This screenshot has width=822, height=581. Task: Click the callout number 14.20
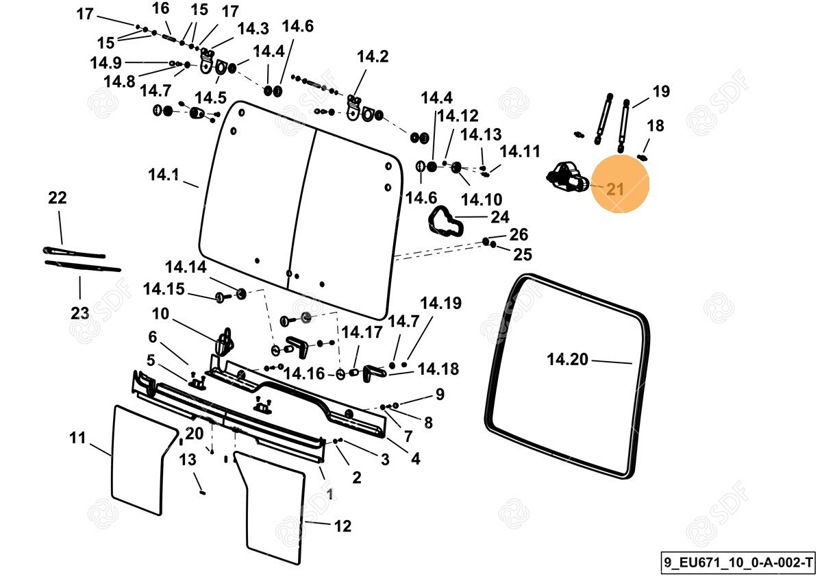[567, 359]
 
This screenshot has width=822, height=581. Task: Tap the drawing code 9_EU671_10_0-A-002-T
[738, 563]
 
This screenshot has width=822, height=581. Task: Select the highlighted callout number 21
[615, 190]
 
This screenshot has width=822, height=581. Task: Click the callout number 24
[500, 217]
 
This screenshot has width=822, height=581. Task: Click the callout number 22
[58, 198]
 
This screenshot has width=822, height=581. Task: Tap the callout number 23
[80, 313]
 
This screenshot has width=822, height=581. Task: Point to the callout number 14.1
[163, 175]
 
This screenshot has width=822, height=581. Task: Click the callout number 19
[661, 91]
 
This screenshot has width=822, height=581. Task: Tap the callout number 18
[656, 126]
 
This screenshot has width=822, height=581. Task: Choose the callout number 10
[160, 314]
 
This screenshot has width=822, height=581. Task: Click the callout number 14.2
[373, 57]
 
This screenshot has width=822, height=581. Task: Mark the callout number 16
[160, 9]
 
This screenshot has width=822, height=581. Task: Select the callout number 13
[188, 460]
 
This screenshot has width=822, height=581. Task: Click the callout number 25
[523, 255]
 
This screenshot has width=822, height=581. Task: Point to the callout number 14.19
[440, 303]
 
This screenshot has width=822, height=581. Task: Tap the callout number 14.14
[185, 267]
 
